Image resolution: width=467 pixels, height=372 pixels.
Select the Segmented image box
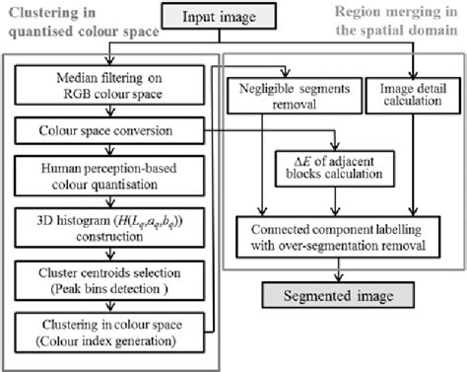click(336, 295)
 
